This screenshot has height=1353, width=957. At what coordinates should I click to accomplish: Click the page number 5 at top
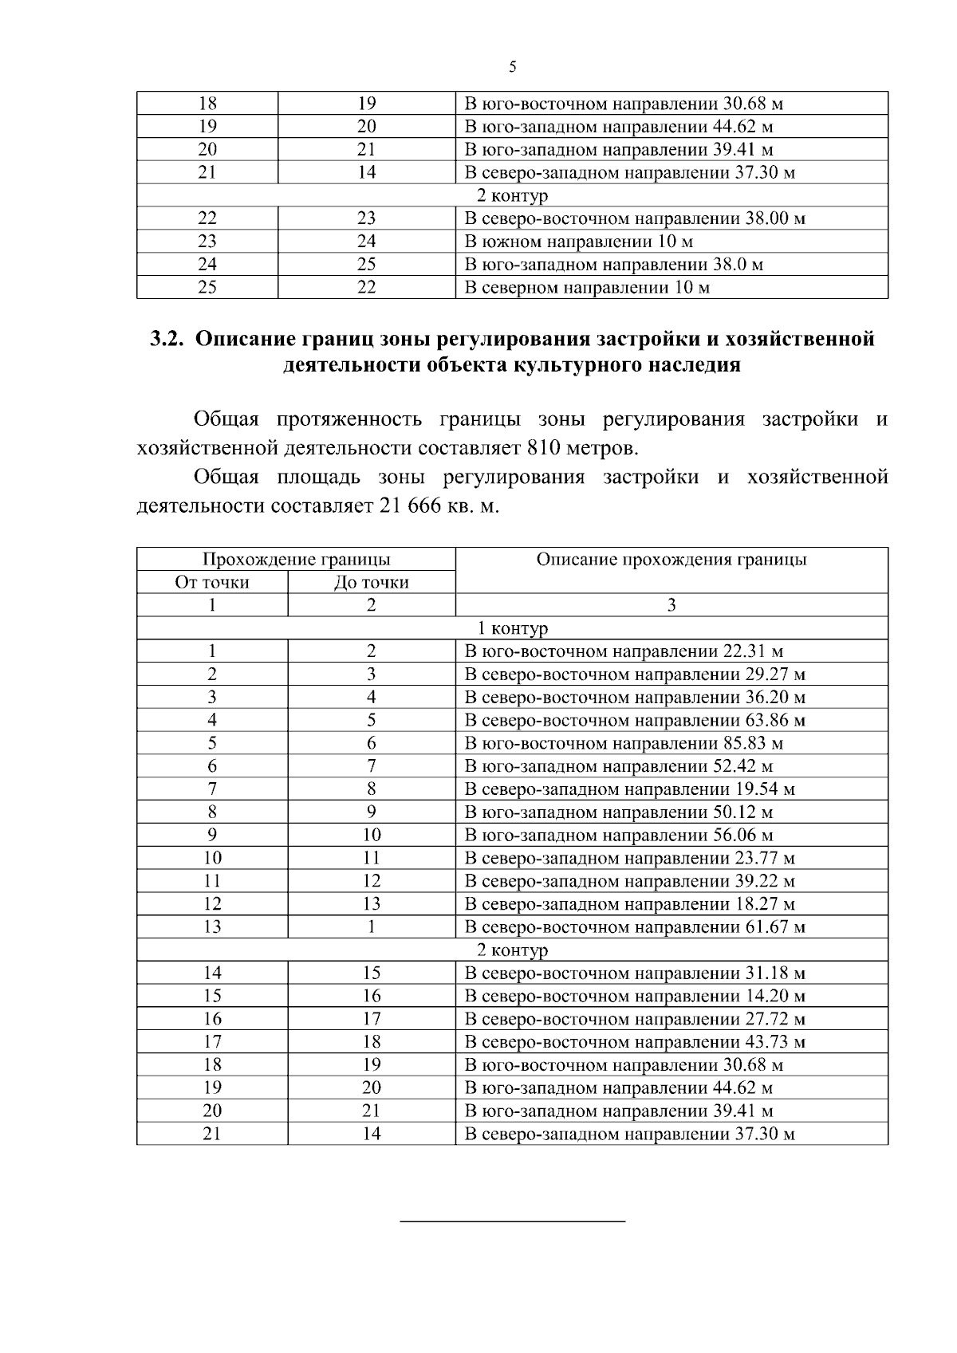click(512, 68)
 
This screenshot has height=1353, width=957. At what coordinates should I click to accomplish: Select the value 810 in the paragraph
click(545, 449)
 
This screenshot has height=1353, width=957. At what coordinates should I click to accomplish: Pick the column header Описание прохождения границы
click(671, 560)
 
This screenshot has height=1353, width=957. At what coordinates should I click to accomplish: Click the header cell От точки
click(212, 583)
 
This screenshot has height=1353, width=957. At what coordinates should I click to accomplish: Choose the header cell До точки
click(371, 583)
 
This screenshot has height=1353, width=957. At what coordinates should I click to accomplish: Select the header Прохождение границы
click(296, 560)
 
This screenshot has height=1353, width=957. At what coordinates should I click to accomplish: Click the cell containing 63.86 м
click(635, 721)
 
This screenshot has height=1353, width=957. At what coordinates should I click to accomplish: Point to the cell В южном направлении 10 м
click(578, 242)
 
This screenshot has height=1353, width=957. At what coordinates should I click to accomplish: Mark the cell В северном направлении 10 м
click(586, 288)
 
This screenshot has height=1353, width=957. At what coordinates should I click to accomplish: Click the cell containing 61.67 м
click(635, 928)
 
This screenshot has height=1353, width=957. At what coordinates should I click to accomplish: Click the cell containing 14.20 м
click(635, 997)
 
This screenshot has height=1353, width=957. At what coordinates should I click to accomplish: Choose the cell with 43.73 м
click(635, 1043)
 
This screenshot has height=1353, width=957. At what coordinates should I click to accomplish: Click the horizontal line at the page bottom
click(512, 1221)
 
